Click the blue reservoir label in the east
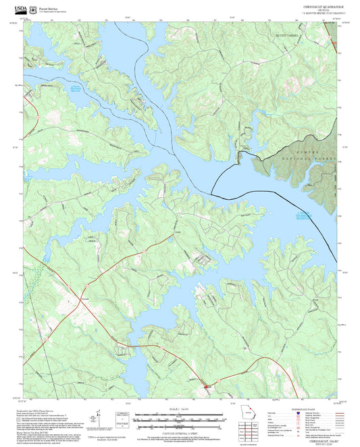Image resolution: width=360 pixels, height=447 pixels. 306,216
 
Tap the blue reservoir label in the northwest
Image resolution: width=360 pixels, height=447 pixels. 80,88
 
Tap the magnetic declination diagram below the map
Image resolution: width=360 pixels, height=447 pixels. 101,417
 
